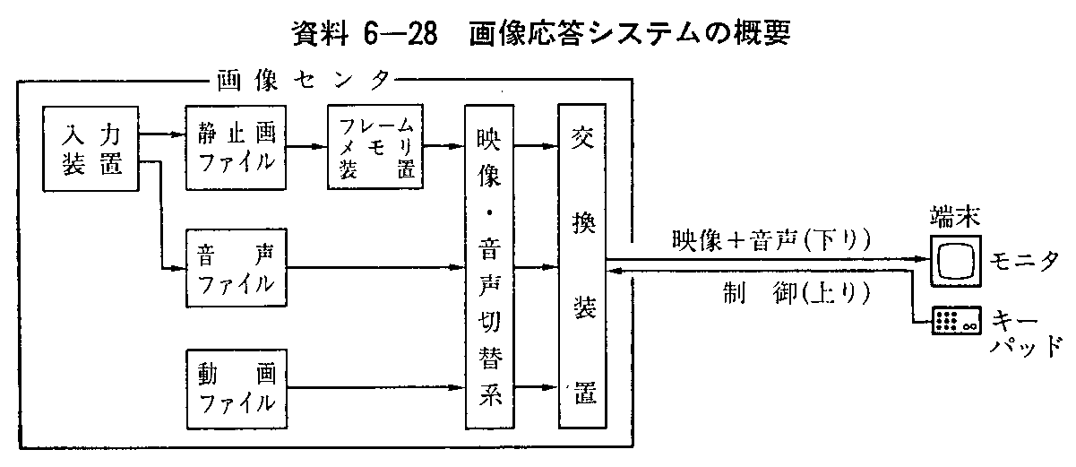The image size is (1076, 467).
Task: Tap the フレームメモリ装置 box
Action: pyautogui.click(x=375, y=149)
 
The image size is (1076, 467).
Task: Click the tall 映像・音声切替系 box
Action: pyautogui.click(x=491, y=266)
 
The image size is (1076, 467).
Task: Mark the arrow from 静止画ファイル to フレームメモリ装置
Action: pyautogui.click(x=305, y=149)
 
